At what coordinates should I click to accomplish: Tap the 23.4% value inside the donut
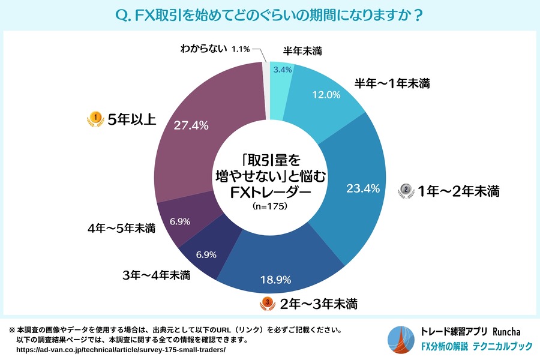pyautogui.click(x=363, y=188)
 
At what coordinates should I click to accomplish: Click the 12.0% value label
pyautogui.click(x=327, y=94)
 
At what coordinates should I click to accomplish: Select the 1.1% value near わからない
pyautogui.click(x=240, y=49)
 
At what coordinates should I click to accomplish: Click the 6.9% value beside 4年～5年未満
pyautogui.click(x=180, y=221)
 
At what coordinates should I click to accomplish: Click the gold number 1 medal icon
pyautogui.click(x=94, y=119)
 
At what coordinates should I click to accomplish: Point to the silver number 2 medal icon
pyautogui.click(x=406, y=191)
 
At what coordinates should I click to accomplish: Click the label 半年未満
pyautogui.click(x=302, y=52)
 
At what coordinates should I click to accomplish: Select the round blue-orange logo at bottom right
pyautogui.click(x=401, y=339)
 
